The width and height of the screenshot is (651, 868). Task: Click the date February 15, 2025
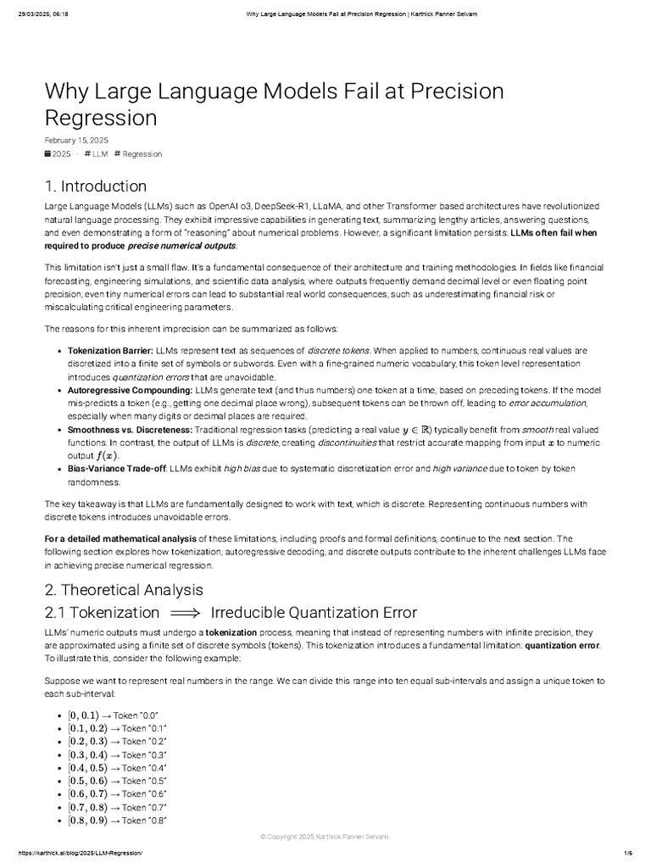pyautogui.click(x=75, y=140)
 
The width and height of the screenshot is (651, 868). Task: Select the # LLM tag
pyautogui.click(x=96, y=154)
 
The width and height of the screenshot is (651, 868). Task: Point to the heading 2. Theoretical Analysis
pyautogui.click(x=124, y=589)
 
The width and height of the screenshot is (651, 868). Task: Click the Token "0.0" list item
pyautogui.click(x=118, y=715)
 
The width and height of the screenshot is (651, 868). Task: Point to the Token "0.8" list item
pyautogui.click(x=118, y=821)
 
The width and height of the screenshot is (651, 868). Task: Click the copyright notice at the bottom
pyautogui.click(x=325, y=837)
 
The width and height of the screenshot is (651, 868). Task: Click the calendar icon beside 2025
pyautogui.click(x=47, y=154)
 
